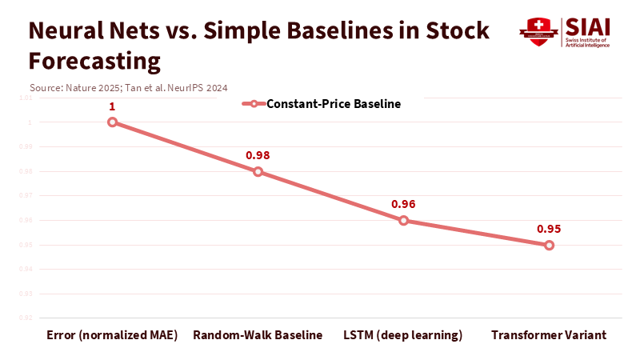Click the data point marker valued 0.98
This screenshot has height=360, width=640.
(258, 171)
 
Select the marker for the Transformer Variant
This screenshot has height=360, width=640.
(549, 245)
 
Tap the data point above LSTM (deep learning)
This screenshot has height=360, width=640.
(403, 220)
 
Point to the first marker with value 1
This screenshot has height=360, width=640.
(112, 122)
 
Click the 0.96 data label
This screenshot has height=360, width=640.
(403, 204)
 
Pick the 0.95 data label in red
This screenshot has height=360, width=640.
(549, 229)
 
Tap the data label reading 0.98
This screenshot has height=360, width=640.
(258, 155)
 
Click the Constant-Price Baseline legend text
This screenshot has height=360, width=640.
(334, 104)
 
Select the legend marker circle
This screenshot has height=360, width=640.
(254, 104)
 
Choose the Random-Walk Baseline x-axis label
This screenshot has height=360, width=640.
(258, 334)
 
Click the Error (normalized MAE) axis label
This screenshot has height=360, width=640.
(112, 334)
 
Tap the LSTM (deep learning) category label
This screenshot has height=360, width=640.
(403, 334)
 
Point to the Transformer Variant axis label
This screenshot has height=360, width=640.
(549, 334)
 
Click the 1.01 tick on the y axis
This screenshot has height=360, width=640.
(25, 98)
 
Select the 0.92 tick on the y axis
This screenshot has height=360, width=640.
(25, 318)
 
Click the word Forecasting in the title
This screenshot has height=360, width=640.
(94, 61)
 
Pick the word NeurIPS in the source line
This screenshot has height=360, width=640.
(185, 87)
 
